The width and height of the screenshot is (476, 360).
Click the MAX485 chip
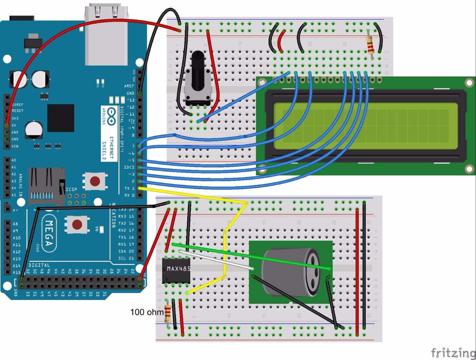pos(176,270)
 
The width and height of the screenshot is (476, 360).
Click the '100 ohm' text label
pos(147,312)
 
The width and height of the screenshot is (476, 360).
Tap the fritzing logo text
pos(453,352)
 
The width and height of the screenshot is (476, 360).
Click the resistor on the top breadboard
pos(370,45)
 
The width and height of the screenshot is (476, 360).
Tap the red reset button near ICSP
pos(95,181)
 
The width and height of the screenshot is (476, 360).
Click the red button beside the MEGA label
pos(77,224)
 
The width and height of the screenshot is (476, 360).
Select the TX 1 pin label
pos(129,188)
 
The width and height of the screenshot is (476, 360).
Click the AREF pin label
pos(129,86)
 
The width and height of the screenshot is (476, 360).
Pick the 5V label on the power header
pos(14,125)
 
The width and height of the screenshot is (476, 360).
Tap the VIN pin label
pos(15,146)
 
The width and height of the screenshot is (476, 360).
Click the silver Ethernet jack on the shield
pos(106,35)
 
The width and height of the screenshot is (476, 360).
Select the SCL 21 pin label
pos(126,258)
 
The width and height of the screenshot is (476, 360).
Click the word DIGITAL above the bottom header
pos(39,265)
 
